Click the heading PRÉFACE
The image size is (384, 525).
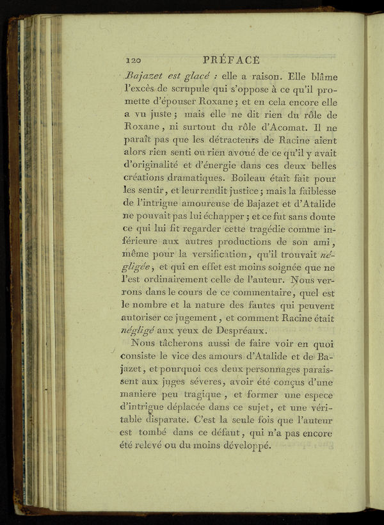[230, 60]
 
